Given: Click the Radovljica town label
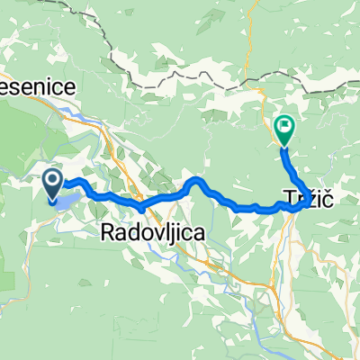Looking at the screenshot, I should coord(150,231).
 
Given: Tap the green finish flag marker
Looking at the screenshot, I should coord(284,131).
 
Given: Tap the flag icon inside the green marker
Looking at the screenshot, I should coord(284,129).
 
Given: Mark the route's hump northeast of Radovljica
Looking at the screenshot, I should coord(197,182).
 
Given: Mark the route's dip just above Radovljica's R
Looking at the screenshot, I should coord(141,209).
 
